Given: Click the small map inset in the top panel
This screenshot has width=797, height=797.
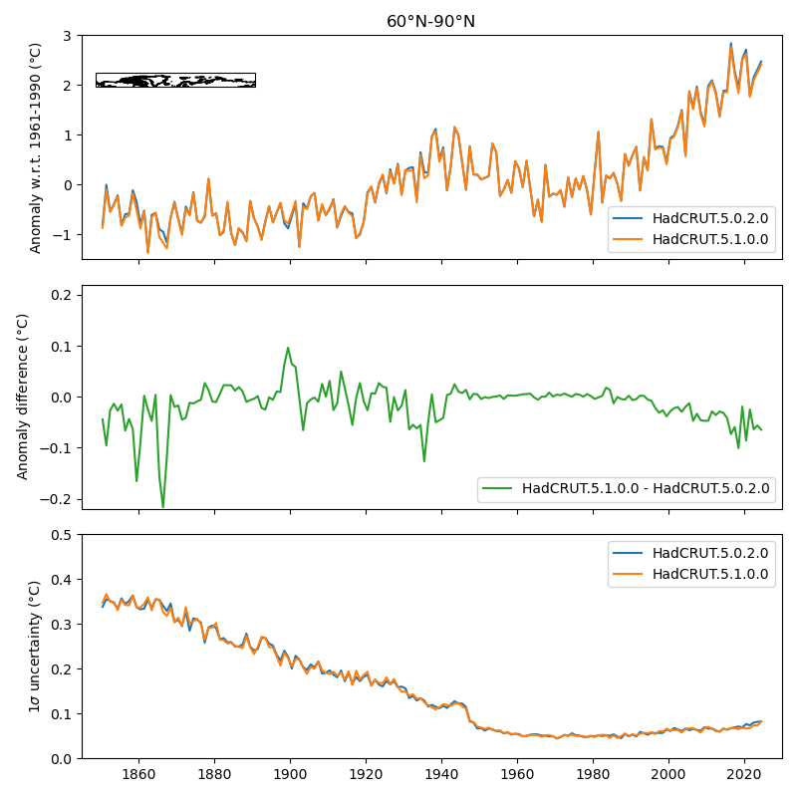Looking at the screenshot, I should point(175,80).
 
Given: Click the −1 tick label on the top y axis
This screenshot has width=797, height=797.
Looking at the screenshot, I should point(64,235).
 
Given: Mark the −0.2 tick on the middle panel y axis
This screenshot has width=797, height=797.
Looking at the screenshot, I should point(58,499).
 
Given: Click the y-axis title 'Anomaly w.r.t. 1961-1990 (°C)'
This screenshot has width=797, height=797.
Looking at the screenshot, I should point(36,147).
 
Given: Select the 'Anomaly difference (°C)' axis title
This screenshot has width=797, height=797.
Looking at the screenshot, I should point(24,397).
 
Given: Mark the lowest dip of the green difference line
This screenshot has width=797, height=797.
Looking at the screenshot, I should point(163,507).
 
